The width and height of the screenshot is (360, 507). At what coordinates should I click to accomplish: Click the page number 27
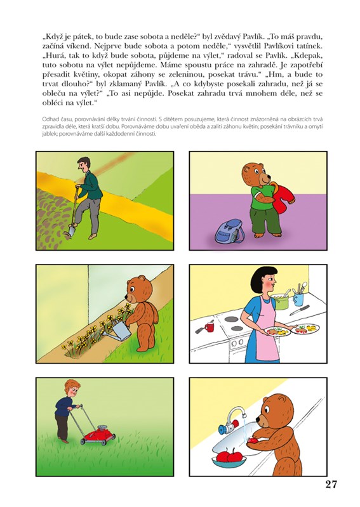(x=331, y=484)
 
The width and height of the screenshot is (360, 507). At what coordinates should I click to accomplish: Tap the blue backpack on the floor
(x=229, y=230)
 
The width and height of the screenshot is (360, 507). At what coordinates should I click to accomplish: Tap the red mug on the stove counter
(x=209, y=327)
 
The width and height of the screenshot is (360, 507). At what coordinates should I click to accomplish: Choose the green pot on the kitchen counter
(x=279, y=302)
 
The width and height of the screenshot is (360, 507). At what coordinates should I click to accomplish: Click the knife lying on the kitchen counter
(x=299, y=310)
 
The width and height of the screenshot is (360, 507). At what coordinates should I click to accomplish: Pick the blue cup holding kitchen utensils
(x=298, y=299)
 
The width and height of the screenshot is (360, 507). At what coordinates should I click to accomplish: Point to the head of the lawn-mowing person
(x=72, y=388)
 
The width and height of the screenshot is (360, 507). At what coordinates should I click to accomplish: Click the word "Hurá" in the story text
(x=50, y=55)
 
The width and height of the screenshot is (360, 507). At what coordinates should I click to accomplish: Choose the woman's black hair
(x=265, y=277)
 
